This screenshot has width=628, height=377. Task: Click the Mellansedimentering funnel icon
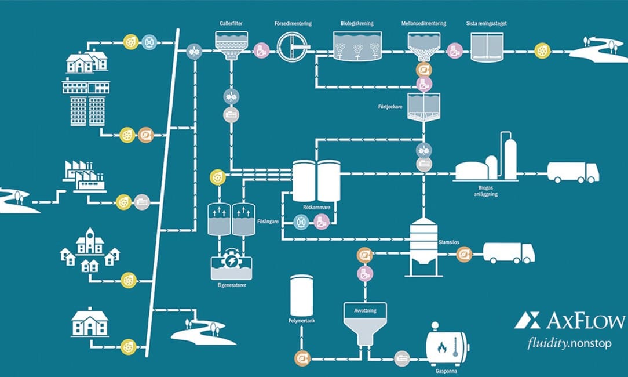pos(423,45)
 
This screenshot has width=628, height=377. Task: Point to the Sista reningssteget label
pos(486,23)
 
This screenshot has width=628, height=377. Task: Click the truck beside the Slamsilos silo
pos(508,252)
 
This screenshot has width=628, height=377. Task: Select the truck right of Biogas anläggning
pos(573,172)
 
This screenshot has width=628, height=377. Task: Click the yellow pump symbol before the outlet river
pos(542,50)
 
